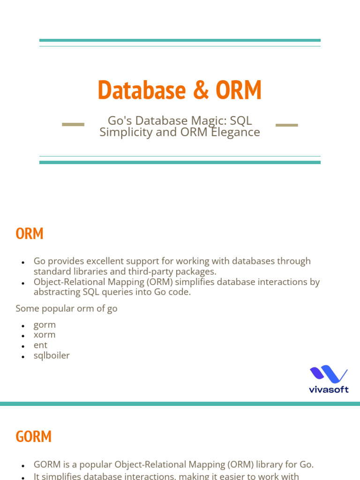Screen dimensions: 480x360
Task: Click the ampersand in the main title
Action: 200,90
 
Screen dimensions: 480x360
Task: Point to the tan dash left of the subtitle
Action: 73,125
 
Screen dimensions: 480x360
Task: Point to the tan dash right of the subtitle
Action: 286,125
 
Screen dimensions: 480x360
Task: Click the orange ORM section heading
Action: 30,233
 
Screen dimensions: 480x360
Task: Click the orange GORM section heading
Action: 33,436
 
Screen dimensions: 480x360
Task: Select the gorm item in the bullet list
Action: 45,324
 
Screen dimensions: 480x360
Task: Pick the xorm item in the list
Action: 45,335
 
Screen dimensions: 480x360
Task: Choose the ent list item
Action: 40,345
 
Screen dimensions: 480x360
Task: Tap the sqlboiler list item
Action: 52,355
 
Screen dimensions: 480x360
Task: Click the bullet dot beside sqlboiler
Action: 22,357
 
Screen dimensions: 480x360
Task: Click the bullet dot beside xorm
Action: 22,336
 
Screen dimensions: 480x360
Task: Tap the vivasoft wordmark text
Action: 329,389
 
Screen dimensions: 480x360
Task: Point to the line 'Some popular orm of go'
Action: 67,308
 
